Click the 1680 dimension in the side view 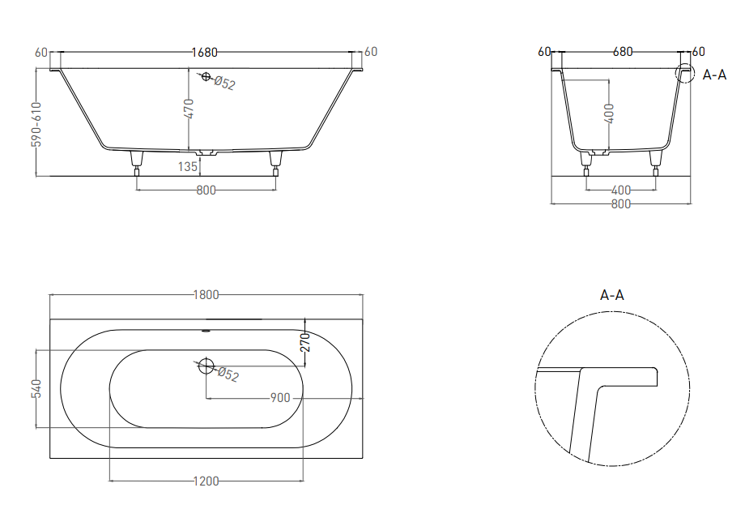pyautogui.click(x=204, y=53)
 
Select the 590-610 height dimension pyautogui.click(x=36, y=125)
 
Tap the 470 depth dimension pyautogui.click(x=189, y=109)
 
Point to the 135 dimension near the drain pyautogui.click(x=188, y=166)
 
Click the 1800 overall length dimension pyautogui.click(x=206, y=295)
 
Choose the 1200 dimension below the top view pyautogui.click(x=206, y=481)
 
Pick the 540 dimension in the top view pyautogui.click(x=36, y=389)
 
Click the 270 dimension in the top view pyautogui.click(x=305, y=342)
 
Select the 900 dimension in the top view pyautogui.click(x=280, y=398)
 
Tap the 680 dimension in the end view pyautogui.click(x=623, y=52)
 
